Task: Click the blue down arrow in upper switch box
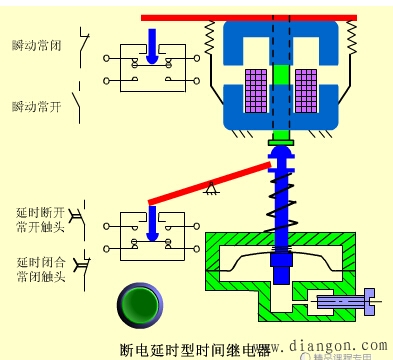pyautogui.click(x=149, y=45)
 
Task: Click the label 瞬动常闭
pyautogui.click(x=35, y=46)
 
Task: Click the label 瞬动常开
pyautogui.click(x=35, y=105)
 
